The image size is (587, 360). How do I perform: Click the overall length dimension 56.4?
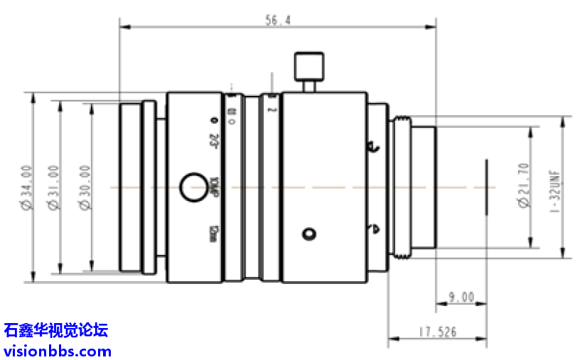[278, 21]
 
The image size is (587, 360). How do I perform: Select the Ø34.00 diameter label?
[26, 187]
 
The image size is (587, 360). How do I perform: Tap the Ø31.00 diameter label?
[52, 187]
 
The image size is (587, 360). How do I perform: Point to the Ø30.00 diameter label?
[85, 187]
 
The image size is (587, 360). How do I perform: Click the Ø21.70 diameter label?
[525, 186]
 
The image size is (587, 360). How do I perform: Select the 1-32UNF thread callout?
[556, 186]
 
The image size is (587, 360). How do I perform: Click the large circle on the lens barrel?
[192, 187]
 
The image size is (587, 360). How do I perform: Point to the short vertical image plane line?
[487, 187]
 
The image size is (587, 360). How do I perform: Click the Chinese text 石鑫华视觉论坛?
[56, 330]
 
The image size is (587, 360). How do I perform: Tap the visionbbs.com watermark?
[58, 351]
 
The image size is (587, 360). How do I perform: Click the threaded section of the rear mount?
[400, 187]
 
